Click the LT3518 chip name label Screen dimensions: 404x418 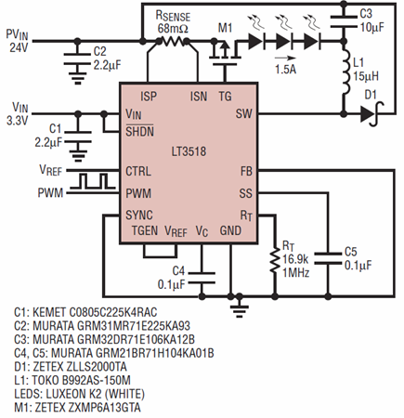coord(189,151)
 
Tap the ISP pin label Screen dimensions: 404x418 coord(149,97)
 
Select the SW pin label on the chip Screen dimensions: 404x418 coord(243,113)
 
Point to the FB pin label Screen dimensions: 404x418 coord(246,171)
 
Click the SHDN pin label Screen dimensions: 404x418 coord(139,132)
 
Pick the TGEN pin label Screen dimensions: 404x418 coord(145,230)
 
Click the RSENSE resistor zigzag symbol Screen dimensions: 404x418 coord(173,41)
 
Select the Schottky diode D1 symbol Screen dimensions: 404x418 coord(371,114)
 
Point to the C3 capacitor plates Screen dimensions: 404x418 coord(344,21)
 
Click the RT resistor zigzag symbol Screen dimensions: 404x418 coord(275,259)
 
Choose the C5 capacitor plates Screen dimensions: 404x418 coord(329,258)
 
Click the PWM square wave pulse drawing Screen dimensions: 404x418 coord(93,181)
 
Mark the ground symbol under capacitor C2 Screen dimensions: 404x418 coord(78,78)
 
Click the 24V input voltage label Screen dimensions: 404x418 coord(19,48)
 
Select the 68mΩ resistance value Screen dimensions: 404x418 coord(173,29)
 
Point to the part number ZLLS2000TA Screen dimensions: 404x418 coord(97,367)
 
